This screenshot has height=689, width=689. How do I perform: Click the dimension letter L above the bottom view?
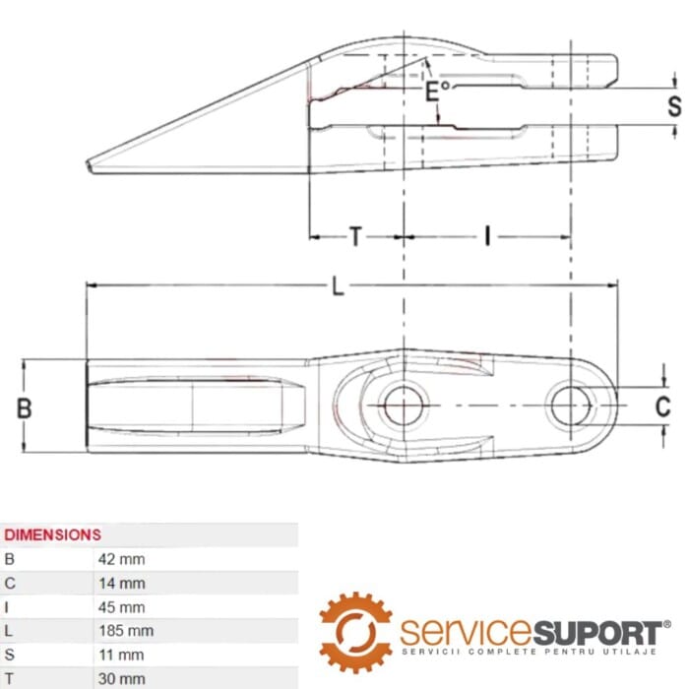(x=338, y=286)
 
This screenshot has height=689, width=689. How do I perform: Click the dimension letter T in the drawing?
(x=355, y=236)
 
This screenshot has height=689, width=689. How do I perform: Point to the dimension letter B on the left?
(x=26, y=407)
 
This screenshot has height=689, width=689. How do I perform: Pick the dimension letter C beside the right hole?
(x=662, y=406)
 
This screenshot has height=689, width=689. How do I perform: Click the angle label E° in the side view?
(x=436, y=92)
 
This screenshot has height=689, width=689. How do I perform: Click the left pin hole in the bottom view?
(x=402, y=406)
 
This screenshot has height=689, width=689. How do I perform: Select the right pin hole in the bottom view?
(x=570, y=405)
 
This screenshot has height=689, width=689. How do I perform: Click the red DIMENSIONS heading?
(x=53, y=534)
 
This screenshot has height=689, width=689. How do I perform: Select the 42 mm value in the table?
(x=121, y=559)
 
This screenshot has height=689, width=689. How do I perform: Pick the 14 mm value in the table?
(x=121, y=583)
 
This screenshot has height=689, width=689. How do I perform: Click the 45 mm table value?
(x=121, y=606)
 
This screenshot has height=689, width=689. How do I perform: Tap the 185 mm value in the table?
(x=125, y=630)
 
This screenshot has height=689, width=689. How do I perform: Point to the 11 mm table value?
(x=121, y=655)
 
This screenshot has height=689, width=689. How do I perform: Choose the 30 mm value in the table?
(x=121, y=678)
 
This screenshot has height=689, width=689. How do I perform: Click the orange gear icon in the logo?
(x=355, y=632)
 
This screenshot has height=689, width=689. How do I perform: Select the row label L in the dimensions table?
(x=10, y=630)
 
